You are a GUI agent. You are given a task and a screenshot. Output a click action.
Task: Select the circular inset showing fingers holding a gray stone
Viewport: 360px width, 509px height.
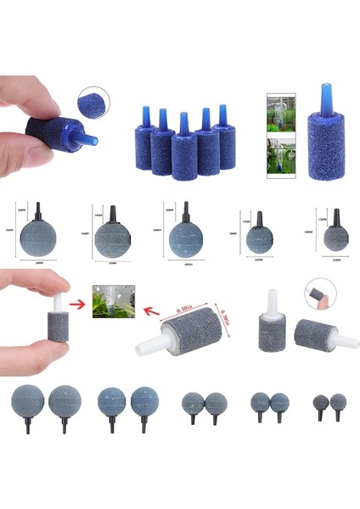point(319,294)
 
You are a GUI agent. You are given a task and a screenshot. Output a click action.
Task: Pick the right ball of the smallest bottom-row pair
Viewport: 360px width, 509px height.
point(338,401)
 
